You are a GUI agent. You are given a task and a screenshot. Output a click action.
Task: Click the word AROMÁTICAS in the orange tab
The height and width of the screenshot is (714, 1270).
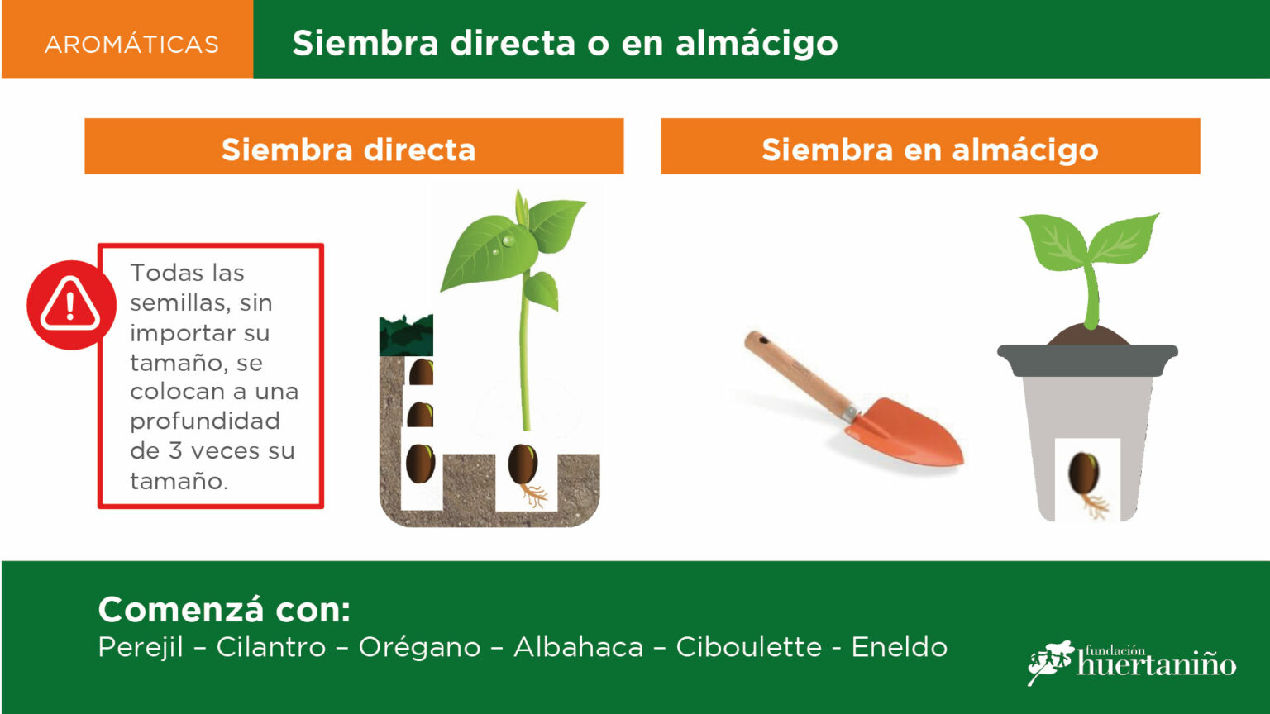click(131, 44)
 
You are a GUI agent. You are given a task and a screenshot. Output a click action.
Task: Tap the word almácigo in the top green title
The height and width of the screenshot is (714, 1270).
click(757, 45)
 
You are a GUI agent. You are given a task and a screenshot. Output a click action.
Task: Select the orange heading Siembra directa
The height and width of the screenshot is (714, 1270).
click(348, 150)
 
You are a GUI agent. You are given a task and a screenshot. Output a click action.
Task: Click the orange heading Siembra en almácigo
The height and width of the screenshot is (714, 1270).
click(930, 150)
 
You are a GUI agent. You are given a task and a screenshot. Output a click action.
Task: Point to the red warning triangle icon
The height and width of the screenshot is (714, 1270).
click(70, 305)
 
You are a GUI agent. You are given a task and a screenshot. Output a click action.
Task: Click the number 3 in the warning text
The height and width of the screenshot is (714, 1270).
click(175, 451)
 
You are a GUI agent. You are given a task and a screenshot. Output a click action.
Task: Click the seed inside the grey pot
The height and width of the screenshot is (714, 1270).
click(1083, 474)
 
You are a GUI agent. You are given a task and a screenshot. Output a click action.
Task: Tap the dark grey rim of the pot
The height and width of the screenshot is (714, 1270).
click(1087, 359)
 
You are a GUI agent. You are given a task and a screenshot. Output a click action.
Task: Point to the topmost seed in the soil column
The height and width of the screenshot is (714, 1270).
click(421, 373)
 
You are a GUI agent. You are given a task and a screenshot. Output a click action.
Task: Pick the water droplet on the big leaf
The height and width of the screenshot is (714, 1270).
click(508, 240)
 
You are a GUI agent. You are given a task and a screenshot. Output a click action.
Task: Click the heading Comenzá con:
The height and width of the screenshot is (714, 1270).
click(225, 610)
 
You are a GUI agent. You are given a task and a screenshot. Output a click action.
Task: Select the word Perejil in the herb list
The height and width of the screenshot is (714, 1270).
click(141, 647)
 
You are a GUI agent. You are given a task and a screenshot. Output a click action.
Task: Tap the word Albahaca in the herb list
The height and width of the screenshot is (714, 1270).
click(578, 647)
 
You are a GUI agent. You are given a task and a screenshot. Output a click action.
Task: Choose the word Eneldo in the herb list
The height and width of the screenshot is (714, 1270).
click(900, 647)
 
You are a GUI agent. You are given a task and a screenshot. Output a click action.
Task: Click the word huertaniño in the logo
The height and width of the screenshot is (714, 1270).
click(1156, 664)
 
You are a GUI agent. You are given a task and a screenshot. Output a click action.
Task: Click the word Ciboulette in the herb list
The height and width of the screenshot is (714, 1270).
click(748, 647)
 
